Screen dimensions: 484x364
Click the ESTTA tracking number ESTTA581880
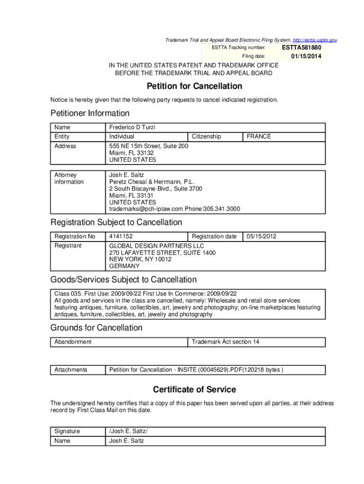(302, 48)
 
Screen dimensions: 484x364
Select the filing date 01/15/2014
(306, 57)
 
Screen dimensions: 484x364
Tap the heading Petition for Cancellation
(194, 86)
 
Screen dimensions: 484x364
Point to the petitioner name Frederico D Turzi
(132, 128)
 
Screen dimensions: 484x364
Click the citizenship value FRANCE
(259, 137)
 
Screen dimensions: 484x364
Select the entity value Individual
(122, 137)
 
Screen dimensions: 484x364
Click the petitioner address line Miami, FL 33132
(131, 153)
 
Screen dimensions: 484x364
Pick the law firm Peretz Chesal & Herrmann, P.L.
(152, 182)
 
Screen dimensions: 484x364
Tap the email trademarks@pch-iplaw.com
(146, 208)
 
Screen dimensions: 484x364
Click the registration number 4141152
(121, 236)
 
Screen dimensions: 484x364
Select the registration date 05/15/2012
(261, 236)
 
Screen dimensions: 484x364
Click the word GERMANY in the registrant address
(124, 266)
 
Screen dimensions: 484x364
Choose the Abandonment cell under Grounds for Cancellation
(73, 342)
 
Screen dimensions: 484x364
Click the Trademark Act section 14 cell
(225, 342)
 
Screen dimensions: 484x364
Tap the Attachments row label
(71, 370)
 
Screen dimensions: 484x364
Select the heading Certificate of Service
(194, 390)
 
